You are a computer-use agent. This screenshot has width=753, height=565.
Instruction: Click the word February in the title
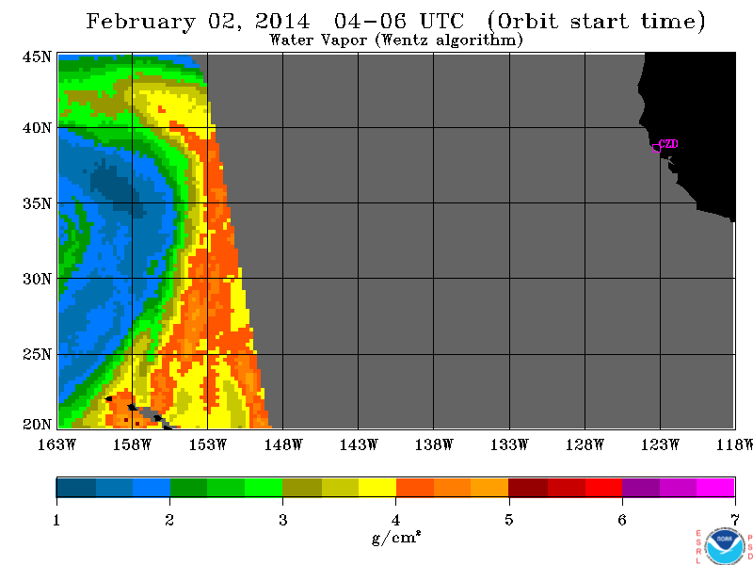click(140, 22)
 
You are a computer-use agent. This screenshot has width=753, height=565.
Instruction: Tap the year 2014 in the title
click(282, 21)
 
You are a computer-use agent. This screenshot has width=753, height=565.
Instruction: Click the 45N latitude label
click(37, 56)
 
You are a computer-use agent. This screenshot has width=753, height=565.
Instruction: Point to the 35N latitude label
click(37, 203)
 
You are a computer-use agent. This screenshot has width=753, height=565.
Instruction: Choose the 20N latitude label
click(37, 425)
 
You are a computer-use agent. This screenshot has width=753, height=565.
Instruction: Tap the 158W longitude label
click(132, 444)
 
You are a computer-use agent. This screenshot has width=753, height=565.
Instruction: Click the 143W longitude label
click(359, 444)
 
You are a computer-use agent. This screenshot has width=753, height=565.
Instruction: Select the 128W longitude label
click(585, 444)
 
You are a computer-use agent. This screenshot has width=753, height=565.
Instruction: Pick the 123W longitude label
click(661, 444)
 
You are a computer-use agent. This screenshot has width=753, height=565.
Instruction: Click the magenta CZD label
click(668, 144)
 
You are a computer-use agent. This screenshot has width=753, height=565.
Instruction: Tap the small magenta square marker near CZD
click(656, 149)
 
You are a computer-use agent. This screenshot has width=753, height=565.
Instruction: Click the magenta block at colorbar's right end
click(715, 488)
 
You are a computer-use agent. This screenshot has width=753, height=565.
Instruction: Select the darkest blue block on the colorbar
click(76, 488)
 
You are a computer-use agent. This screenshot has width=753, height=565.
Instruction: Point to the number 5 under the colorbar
click(509, 520)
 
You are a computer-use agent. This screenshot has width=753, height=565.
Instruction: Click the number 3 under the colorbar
click(283, 520)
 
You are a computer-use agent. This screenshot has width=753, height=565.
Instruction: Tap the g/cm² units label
click(396, 537)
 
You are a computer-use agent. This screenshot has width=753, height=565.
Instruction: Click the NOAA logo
click(725, 547)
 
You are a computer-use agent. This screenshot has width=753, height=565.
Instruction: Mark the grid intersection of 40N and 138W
click(434, 128)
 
